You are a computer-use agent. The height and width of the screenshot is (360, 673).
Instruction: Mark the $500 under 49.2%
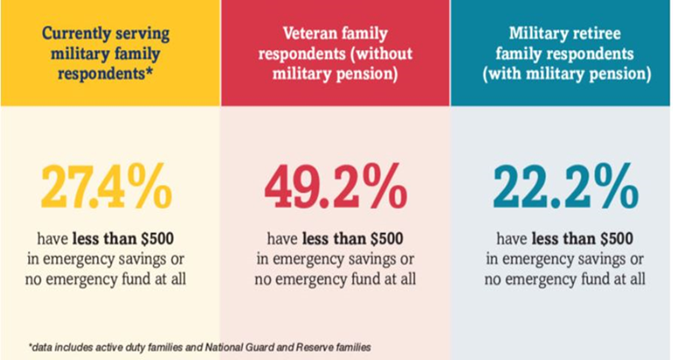[382, 238]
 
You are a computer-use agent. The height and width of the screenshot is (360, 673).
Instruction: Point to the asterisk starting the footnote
[31, 346]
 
